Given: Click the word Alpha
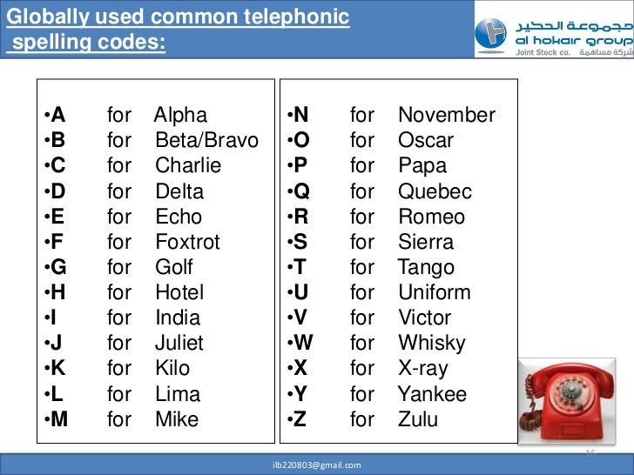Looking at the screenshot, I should (x=181, y=115).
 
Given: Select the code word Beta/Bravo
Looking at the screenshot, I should (x=206, y=140).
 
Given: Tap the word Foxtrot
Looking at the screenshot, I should (x=187, y=242).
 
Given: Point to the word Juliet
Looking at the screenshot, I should (x=179, y=343).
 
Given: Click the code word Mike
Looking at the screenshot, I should (x=177, y=419).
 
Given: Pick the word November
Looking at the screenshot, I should (x=446, y=115).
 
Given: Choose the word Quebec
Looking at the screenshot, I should (x=435, y=191).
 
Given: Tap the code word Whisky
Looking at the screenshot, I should (x=432, y=343).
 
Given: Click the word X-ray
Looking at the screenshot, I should (x=422, y=368).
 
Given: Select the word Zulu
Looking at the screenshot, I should (x=418, y=419).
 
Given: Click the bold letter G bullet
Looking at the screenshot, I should (x=58, y=267).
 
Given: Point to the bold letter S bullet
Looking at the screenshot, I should (x=300, y=242).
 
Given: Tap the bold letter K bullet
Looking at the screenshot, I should (x=58, y=368).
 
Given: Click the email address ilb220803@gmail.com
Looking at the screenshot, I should (x=316, y=465).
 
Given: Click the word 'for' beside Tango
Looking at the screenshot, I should (x=362, y=267).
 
